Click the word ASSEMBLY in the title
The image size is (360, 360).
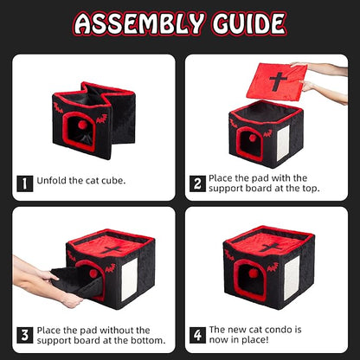139,23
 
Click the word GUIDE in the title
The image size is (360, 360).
249,23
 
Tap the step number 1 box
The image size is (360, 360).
25,183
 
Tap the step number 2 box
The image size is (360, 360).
197,183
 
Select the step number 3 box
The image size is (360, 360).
25,335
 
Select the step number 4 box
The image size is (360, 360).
197,335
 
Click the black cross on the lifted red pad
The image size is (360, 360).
279,81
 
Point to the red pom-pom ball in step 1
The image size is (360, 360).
83,125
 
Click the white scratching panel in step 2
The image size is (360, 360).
283,143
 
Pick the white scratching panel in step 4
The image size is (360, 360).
292,278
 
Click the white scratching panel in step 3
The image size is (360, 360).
129,280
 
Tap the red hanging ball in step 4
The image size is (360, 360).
254,273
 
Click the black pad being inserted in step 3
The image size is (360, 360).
77,281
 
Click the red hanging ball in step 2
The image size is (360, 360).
253,138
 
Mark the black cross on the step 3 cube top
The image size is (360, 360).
112,249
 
